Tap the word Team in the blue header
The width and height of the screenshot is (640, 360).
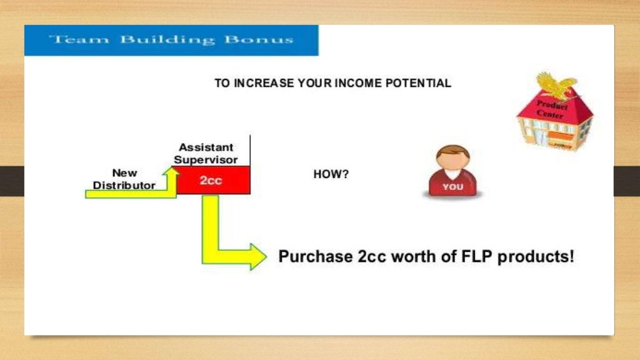69,40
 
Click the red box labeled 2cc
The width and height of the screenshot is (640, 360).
213,180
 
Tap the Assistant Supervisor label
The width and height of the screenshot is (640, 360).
206,153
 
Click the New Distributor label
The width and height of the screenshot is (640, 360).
124,179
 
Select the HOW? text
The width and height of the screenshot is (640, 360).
331,174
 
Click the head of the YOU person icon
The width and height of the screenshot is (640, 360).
452,159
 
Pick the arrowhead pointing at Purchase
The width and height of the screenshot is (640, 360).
257,257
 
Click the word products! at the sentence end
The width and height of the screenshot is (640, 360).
536,257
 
